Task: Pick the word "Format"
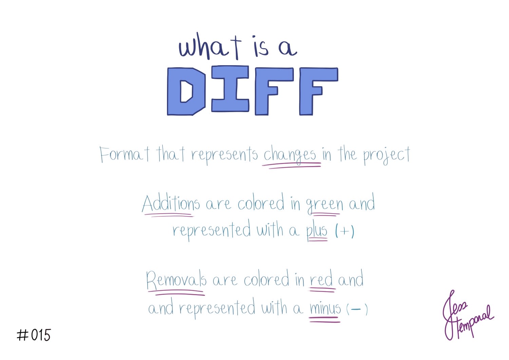[x=124, y=155]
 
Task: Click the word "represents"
[x=224, y=155]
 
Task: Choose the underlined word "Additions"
[x=171, y=204]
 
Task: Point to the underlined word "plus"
[x=317, y=231]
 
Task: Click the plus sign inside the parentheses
[x=344, y=232]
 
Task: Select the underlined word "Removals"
[x=176, y=281]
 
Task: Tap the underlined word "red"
[x=321, y=280]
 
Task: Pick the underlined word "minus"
[x=325, y=308]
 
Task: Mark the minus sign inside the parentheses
[x=356, y=309]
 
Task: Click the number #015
[x=34, y=335]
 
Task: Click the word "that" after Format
[x=170, y=154]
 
